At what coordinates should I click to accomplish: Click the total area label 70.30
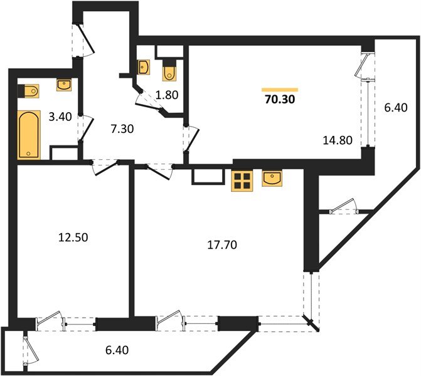tap(280, 98)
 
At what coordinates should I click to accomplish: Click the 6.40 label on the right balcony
tap(395, 107)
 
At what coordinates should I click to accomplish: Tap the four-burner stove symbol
tap(241, 180)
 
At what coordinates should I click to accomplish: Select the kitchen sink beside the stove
tap(272, 179)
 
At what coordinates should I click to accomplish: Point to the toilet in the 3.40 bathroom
tap(29, 92)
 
